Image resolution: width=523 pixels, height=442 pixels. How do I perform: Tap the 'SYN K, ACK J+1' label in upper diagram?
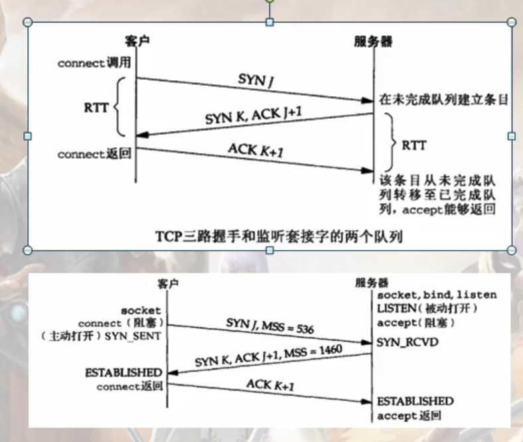[x=255, y=114]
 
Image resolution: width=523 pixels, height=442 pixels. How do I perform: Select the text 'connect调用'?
[x=94, y=64]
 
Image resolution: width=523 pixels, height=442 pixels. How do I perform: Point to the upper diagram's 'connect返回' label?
[x=94, y=154]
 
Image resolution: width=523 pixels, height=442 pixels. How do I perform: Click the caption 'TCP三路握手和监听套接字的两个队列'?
[x=269, y=235]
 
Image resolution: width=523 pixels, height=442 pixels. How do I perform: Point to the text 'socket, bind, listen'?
[x=437, y=295]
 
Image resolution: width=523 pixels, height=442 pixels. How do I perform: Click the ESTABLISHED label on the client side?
[x=123, y=372]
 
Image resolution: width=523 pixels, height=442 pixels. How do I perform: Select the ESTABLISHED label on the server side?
[x=415, y=402]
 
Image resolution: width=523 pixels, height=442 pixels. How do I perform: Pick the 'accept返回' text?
[x=409, y=415]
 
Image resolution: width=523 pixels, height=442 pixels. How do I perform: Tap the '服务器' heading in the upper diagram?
[x=374, y=41]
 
